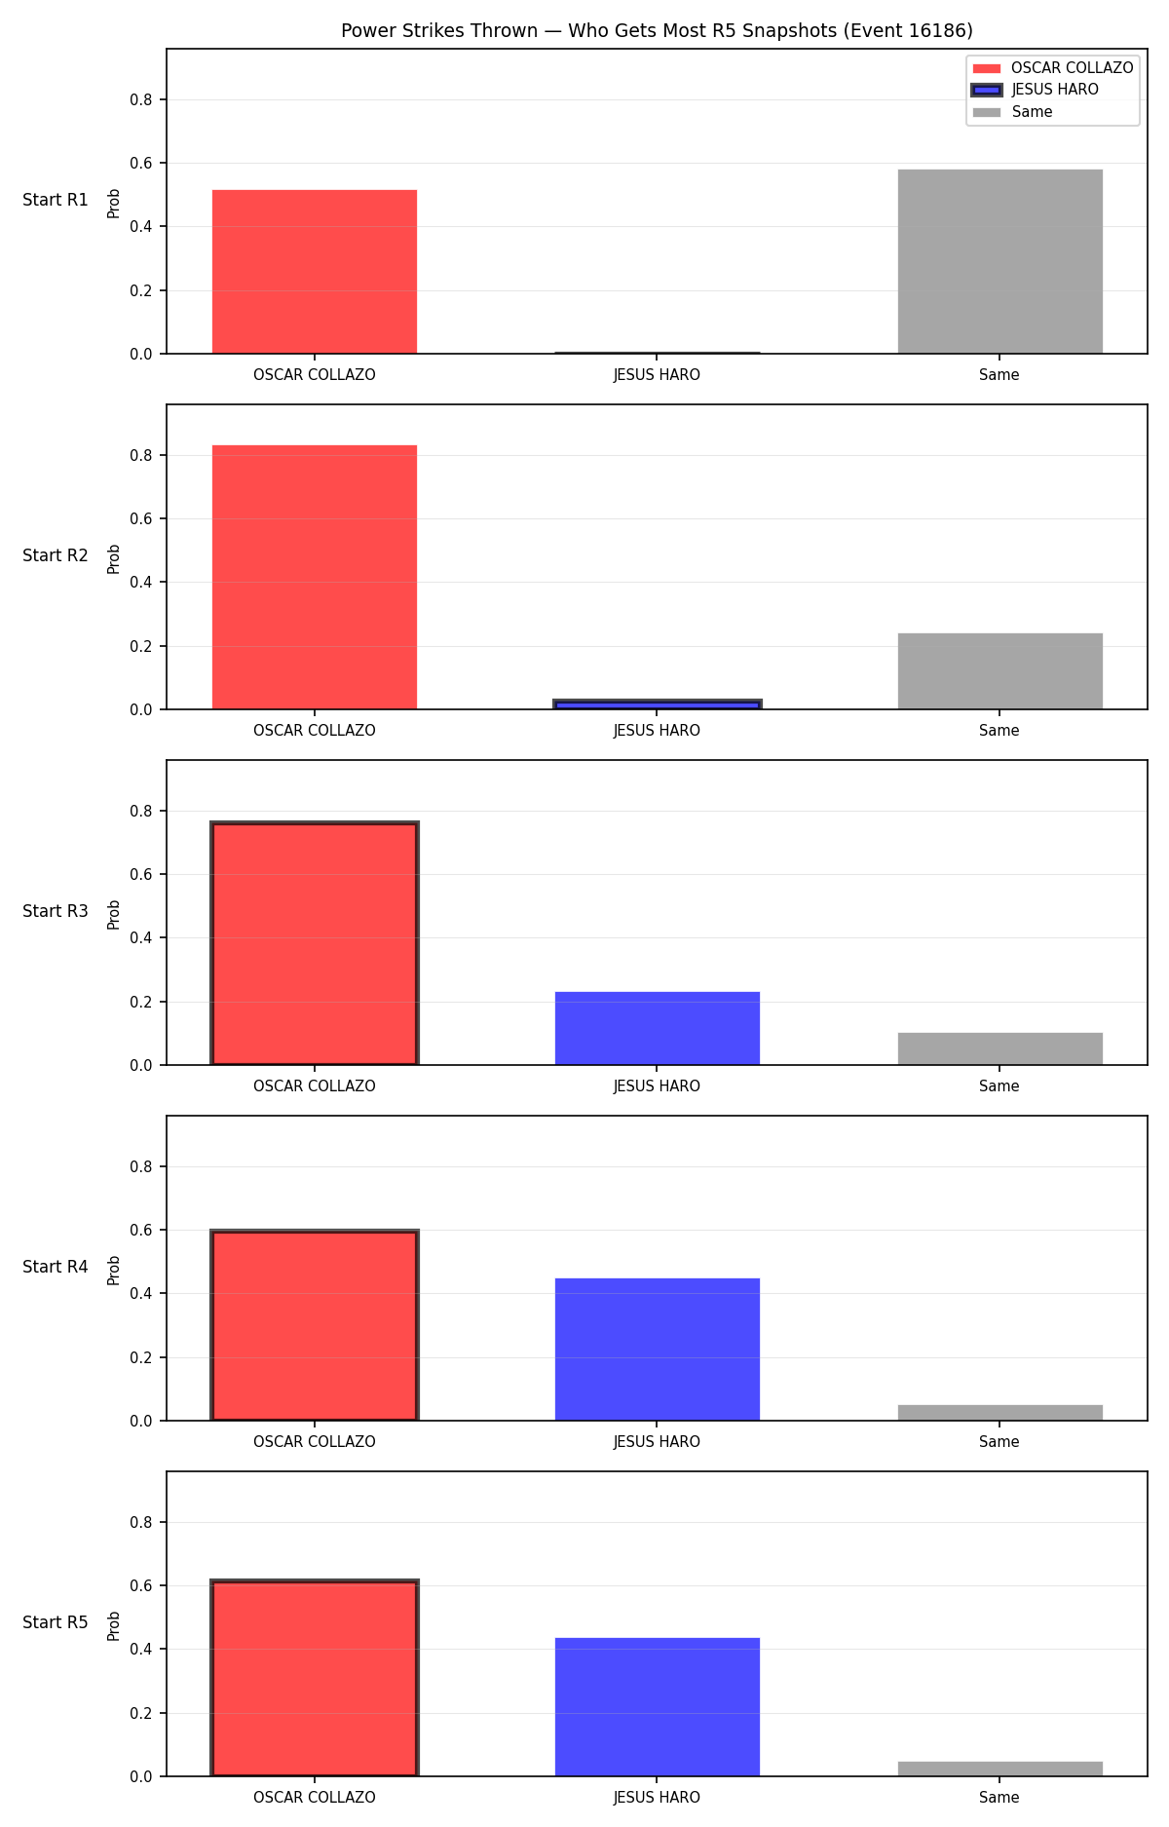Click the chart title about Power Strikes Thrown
tap(657, 31)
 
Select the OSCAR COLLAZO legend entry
tap(1053, 68)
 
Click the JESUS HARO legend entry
tap(1036, 90)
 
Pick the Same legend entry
tap(1013, 112)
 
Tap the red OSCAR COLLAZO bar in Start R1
tap(315, 272)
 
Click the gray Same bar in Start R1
tap(999, 261)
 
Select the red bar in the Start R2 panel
tap(315, 577)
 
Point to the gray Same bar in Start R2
tap(999, 671)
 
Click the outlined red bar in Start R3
tap(315, 943)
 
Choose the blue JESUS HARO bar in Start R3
tap(658, 1028)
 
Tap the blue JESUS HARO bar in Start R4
tap(658, 1350)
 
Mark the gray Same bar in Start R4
tap(999, 1413)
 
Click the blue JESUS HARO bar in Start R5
tap(658, 1707)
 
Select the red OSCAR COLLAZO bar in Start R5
tap(315, 1678)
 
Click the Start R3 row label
tap(56, 911)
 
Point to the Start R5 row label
tap(56, 1622)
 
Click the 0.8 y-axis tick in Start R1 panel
tap(141, 99)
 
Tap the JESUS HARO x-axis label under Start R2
tap(657, 731)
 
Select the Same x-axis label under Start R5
tap(999, 1798)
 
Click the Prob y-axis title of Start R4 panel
tap(114, 1270)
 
